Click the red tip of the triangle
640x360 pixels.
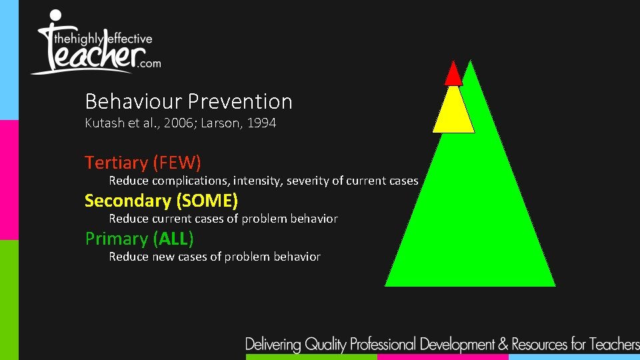pyautogui.click(x=453, y=75)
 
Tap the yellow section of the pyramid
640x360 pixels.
pyautogui.click(x=453, y=111)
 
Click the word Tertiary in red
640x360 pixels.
pyautogui.click(x=116, y=163)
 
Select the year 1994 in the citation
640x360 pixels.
pyautogui.click(x=261, y=123)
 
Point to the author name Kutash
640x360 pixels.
pyautogui.click(x=103, y=123)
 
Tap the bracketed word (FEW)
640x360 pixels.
pyautogui.click(x=177, y=163)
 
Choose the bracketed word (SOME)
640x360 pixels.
pyautogui.click(x=207, y=201)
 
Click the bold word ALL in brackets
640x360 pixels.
pyautogui.click(x=173, y=239)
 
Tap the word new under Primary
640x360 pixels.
pyautogui.click(x=163, y=257)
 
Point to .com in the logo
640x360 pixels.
pyautogui.click(x=147, y=63)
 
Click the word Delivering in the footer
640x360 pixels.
pyautogui.click(x=273, y=345)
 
